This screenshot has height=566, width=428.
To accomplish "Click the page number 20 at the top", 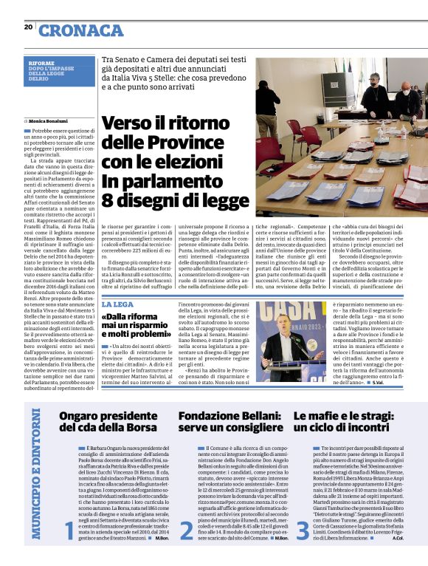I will [28, 27].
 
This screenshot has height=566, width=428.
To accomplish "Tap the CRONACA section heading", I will [81, 30].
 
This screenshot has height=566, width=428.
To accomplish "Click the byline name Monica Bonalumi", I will [49, 120].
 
